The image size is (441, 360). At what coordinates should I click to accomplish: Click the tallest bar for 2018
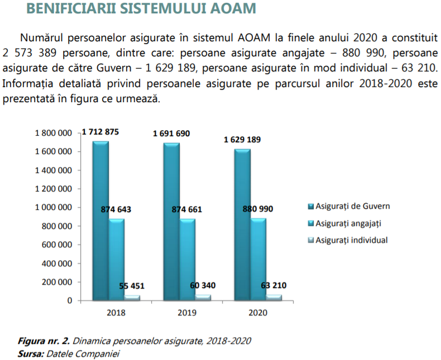[x=100, y=220]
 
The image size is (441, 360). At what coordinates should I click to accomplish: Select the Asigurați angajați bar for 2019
[x=188, y=259]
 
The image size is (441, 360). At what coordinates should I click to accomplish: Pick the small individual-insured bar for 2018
[x=132, y=297]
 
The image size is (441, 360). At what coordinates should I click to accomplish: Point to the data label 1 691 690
[x=171, y=134]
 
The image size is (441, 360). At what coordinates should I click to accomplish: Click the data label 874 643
[x=116, y=209]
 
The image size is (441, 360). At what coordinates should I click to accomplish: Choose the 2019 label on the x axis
[x=187, y=313]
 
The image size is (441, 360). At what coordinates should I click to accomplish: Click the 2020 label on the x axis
[x=257, y=313]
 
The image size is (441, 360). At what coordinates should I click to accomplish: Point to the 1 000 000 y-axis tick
[x=54, y=208]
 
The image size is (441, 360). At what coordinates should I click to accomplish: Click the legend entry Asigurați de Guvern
[x=352, y=206]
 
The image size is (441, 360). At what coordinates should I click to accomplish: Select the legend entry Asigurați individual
[x=351, y=240]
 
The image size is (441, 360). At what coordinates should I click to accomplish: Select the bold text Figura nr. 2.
[x=44, y=340]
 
